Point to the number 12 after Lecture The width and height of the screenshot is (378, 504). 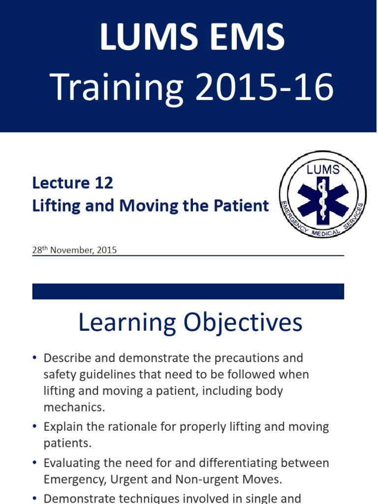(103, 183)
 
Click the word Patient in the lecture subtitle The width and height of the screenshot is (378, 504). (243, 206)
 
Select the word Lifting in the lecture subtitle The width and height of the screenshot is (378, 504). (52, 206)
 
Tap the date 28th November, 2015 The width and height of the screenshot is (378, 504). (74, 250)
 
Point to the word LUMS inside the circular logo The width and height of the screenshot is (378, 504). (323, 170)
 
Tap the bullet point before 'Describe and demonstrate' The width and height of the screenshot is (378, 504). (34, 358)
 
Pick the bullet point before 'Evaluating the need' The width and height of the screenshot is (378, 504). (34, 463)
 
